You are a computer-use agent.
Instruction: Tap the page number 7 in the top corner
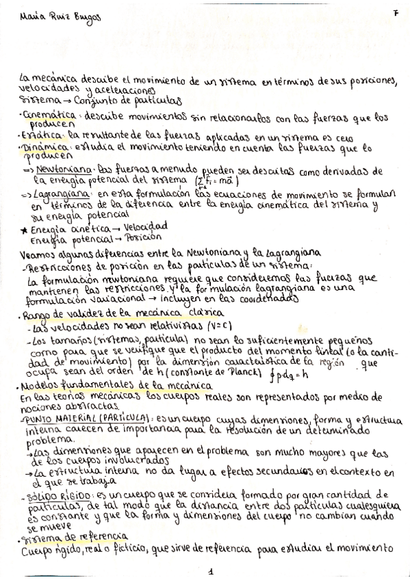click(396, 14)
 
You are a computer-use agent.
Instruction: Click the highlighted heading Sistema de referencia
click(74, 537)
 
